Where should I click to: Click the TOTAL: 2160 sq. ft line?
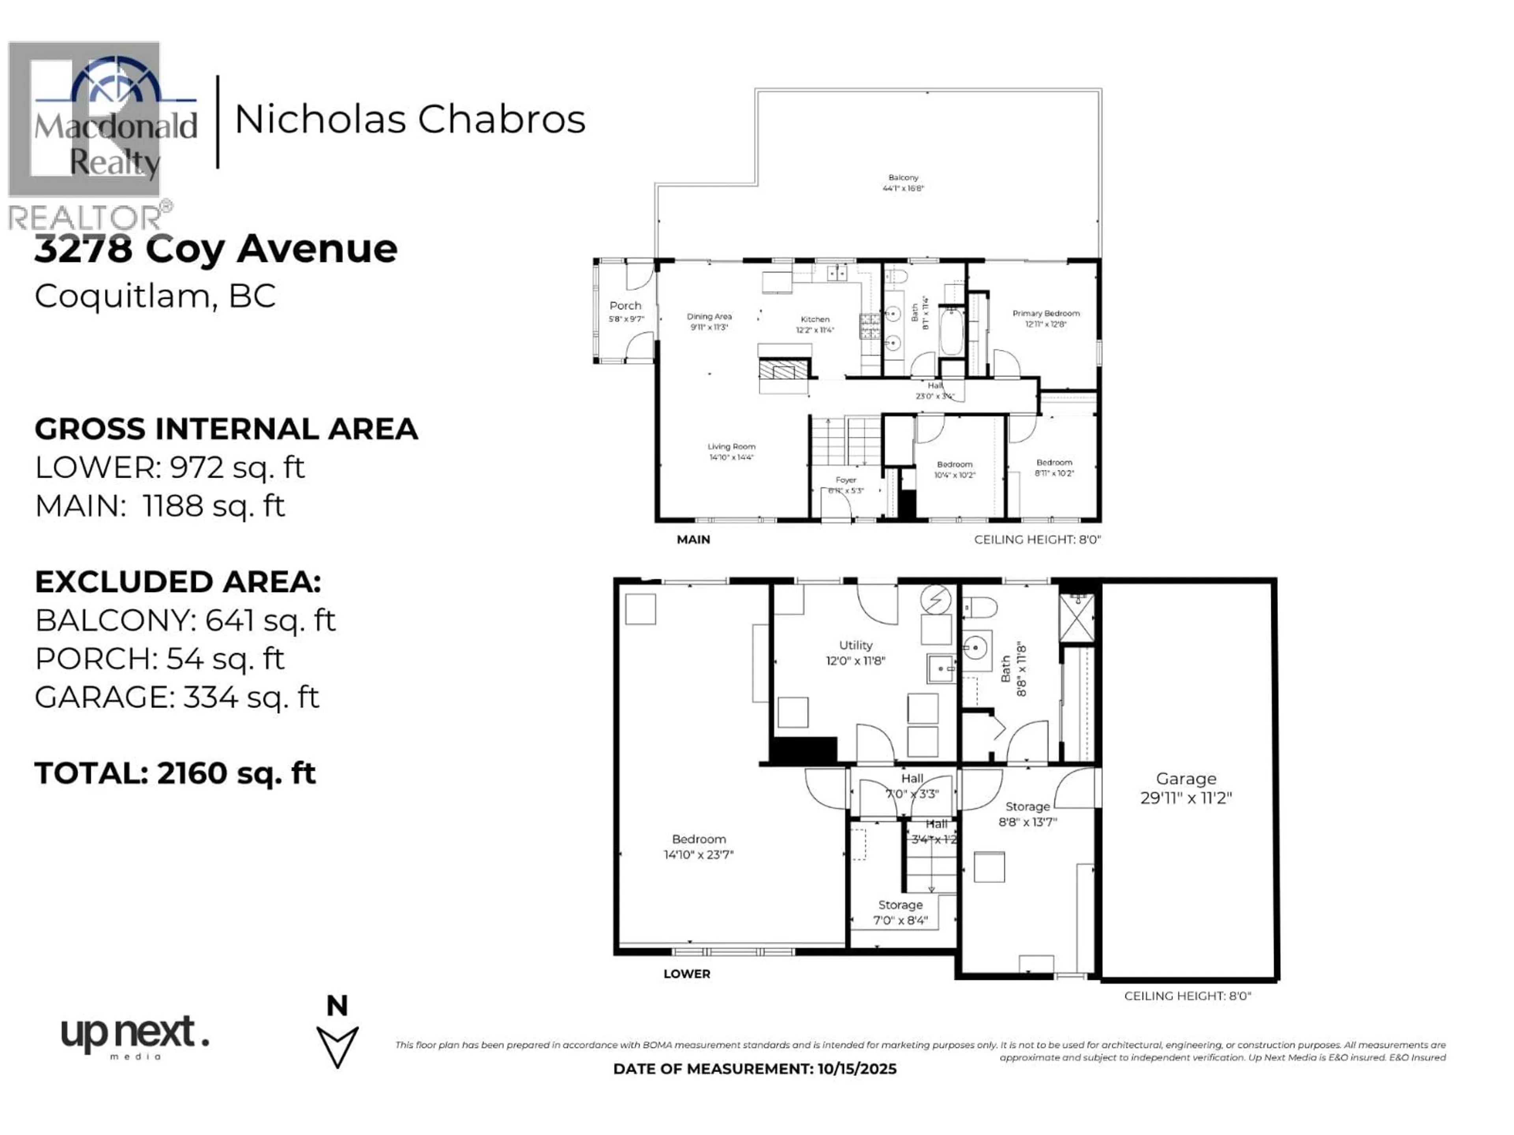pyautogui.click(x=175, y=773)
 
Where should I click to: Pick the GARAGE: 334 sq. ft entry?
pyautogui.click(x=177, y=697)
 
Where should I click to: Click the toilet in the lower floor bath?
pyautogui.click(x=979, y=606)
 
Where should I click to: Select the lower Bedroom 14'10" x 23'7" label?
pyautogui.click(x=698, y=846)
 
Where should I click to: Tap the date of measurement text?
pyautogui.click(x=754, y=1069)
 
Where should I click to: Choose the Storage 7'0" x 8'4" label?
pyautogui.click(x=900, y=912)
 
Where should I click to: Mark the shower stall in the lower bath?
pyautogui.click(x=1077, y=617)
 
